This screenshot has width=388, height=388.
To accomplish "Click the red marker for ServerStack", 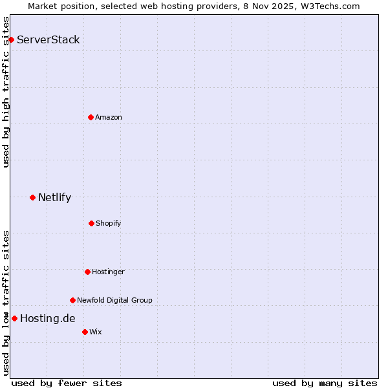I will [x=11, y=39].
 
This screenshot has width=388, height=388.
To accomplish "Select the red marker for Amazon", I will [x=91, y=117].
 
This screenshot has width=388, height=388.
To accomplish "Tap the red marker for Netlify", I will [x=32, y=197].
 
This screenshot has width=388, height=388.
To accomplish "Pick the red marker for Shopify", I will [x=91, y=223].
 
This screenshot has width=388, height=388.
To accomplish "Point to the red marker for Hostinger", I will [x=87, y=272].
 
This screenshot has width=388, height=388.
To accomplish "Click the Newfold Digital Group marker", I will [x=72, y=300].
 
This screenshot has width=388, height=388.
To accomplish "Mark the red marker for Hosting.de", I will [x=14, y=318].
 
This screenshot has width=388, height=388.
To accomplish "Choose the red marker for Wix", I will [x=85, y=332].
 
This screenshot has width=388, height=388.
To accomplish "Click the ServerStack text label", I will [x=48, y=39].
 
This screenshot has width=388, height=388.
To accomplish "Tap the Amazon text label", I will [x=109, y=117].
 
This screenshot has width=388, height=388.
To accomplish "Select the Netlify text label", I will [x=54, y=197].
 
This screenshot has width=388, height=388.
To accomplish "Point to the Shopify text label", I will [x=109, y=223].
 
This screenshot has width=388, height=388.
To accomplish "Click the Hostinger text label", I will [x=108, y=272].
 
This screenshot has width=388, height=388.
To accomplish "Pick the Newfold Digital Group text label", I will [x=114, y=300].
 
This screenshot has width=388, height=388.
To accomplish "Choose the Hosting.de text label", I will [x=48, y=318].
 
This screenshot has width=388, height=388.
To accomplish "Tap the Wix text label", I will [x=96, y=332].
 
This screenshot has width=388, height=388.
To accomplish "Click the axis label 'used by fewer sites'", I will [x=67, y=383].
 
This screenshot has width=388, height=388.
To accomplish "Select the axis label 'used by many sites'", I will [x=325, y=383].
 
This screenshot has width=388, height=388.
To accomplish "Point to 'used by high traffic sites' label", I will [x=6, y=92].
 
